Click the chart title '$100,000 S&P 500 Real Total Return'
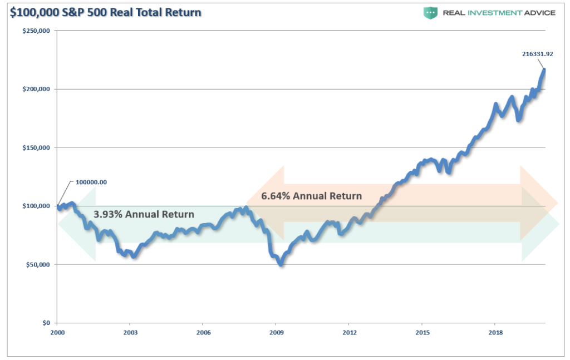(104, 12)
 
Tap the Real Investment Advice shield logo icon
(430, 12)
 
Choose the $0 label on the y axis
(47, 323)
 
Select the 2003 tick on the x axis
(130, 333)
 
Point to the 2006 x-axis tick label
(203, 333)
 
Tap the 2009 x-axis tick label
(276, 333)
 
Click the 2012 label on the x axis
(349, 333)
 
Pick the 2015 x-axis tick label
(422, 333)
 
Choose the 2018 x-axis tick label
(495, 333)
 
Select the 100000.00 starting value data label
(91, 181)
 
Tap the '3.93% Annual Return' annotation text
(144, 214)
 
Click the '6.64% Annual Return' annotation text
(311, 196)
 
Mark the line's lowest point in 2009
(282, 265)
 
